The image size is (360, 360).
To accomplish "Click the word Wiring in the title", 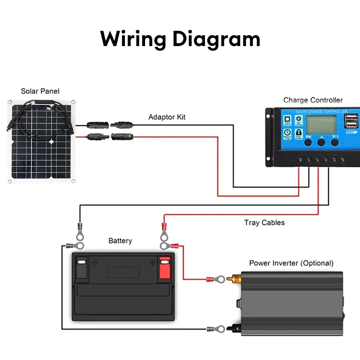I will pyautogui.click(x=133, y=39).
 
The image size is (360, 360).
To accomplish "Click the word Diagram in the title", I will pyautogui.click(x=216, y=39).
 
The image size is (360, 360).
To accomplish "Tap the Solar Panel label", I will pyautogui.click(x=40, y=91).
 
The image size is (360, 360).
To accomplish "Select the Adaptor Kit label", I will pyautogui.click(x=167, y=117).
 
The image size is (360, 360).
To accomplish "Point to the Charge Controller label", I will pyautogui.click(x=313, y=100).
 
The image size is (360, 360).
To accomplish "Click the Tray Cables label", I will pyautogui.click(x=264, y=222).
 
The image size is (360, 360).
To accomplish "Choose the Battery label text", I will pyautogui.click(x=120, y=240).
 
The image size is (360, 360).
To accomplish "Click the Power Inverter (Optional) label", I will pyautogui.click(x=291, y=263).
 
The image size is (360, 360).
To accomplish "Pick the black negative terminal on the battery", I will pyautogui.click(x=82, y=268).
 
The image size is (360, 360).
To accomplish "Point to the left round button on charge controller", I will pyautogui.click(x=308, y=142).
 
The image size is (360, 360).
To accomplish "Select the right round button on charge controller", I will pyautogui.click(x=335, y=142).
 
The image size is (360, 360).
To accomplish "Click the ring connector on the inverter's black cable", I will pyautogui.click(x=220, y=329).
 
